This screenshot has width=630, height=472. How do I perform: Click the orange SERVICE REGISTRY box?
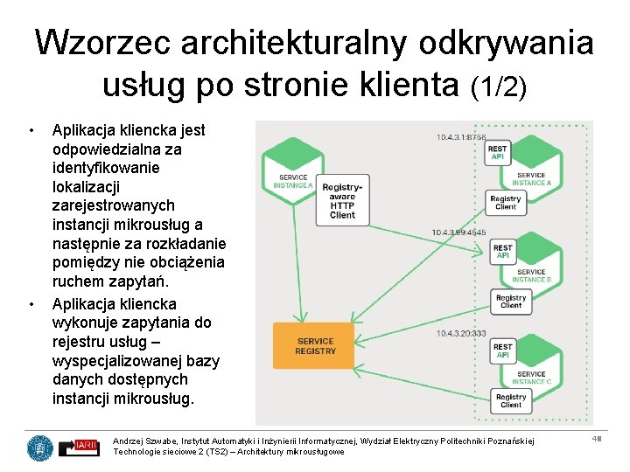(x=315, y=346)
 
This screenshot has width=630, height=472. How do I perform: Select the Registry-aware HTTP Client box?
(x=342, y=201)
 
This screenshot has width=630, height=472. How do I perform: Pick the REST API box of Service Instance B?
(x=502, y=252)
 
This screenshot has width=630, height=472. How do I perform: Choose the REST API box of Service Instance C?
(x=502, y=351)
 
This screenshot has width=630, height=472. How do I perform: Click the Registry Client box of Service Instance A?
(x=505, y=203)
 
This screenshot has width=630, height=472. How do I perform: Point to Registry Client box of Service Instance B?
(x=511, y=302)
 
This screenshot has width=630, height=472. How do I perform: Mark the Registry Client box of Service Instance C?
(x=511, y=400)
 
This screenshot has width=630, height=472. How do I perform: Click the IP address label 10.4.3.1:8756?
(x=462, y=137)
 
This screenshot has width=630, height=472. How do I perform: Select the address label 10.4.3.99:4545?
(x=459, y=233)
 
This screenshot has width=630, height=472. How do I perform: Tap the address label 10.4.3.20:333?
(x=460, y=333)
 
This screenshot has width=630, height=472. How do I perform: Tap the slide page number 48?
(x=597, y=439)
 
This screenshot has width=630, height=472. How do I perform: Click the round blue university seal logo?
(x=39, y=448)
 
